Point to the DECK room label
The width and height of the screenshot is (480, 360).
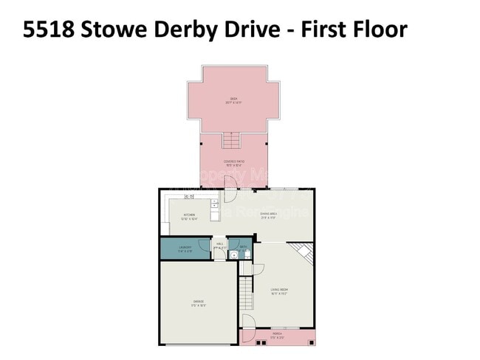233,100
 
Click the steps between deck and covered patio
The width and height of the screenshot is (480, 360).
232,140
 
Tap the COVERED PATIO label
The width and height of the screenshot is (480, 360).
234,163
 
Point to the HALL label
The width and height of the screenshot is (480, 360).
219,246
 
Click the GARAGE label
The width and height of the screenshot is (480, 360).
199,302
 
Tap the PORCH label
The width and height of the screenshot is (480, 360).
277,336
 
